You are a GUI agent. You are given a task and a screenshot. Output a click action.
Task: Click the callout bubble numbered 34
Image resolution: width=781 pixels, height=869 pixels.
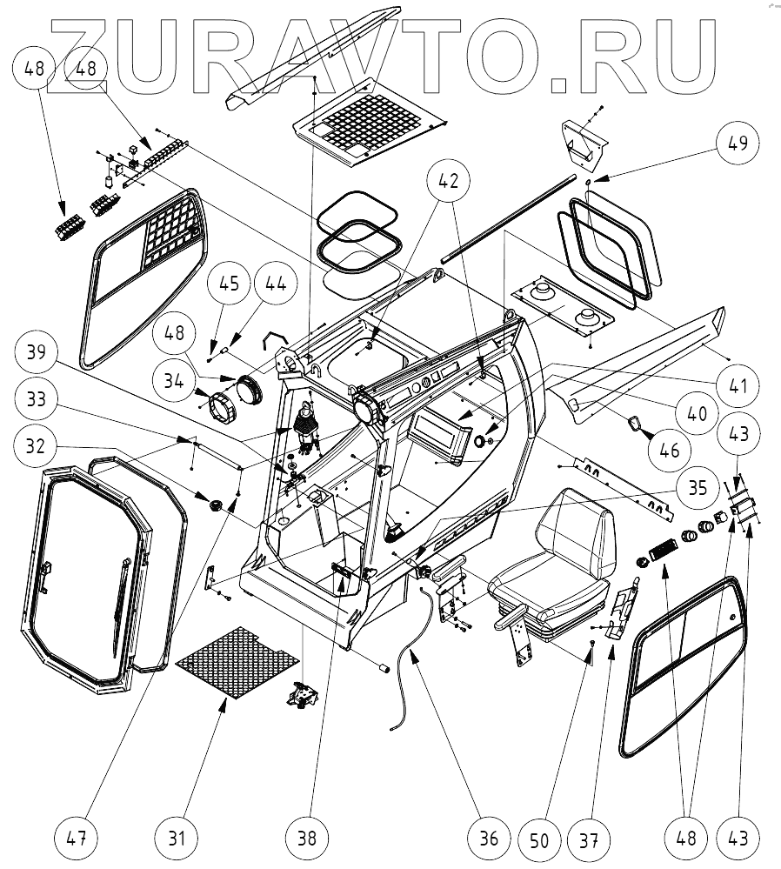tap(172, 380)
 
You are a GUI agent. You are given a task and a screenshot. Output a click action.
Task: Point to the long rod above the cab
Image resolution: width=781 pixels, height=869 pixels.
tap(509, 217)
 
